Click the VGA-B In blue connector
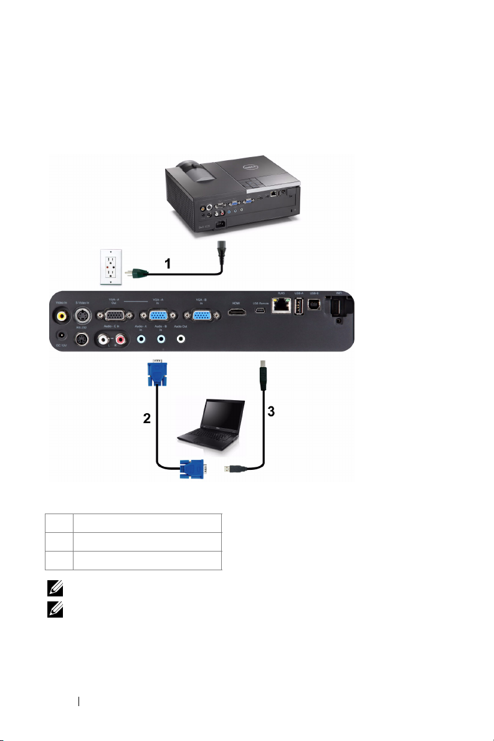201,316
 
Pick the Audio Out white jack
181,340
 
